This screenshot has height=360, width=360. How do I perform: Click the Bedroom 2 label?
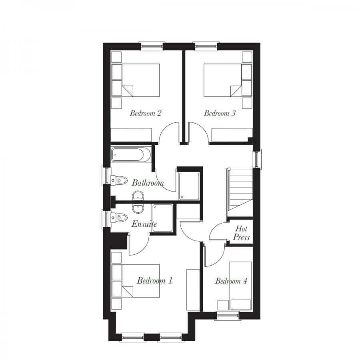click(145, 113)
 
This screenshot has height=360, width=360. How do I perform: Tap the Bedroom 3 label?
click(220, 113)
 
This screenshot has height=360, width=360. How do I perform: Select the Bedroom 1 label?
click(154, 280)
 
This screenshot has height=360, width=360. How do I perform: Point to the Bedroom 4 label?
click(231, 281)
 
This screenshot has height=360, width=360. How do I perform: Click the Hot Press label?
click(242, 233)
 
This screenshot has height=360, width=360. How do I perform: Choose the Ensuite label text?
click(144, 224)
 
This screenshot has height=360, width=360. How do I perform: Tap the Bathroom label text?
click(148, 183)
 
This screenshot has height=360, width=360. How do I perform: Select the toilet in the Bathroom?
click(120, 180)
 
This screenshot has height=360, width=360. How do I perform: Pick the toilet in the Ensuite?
click(120, 218)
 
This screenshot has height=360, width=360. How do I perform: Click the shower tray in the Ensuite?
click(163, 218)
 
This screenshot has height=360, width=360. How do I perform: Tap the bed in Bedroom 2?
click(140, 80)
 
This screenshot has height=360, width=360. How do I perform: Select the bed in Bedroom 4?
click(240, 285)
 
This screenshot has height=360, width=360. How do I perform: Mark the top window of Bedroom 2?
click(152, 46)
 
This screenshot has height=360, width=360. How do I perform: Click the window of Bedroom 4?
click(228, 316)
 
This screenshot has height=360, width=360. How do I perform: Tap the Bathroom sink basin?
click(138, 196)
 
